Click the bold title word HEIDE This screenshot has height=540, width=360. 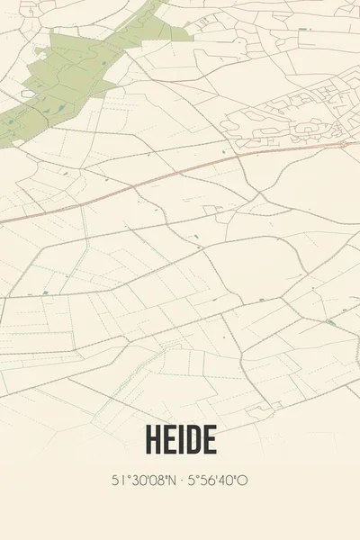[179, 440]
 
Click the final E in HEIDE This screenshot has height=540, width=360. [209, 440]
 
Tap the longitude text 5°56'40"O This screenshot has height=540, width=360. [218, 481]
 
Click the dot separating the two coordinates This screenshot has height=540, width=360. [181, 481]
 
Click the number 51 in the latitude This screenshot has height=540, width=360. [119, 481]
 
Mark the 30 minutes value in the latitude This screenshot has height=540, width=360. [135, 481]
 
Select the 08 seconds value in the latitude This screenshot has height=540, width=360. [154, 481]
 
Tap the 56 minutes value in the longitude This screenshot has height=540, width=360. [209, 481]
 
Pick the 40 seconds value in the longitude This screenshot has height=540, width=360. [229, 481]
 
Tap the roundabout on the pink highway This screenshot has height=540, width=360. [342, 144]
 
